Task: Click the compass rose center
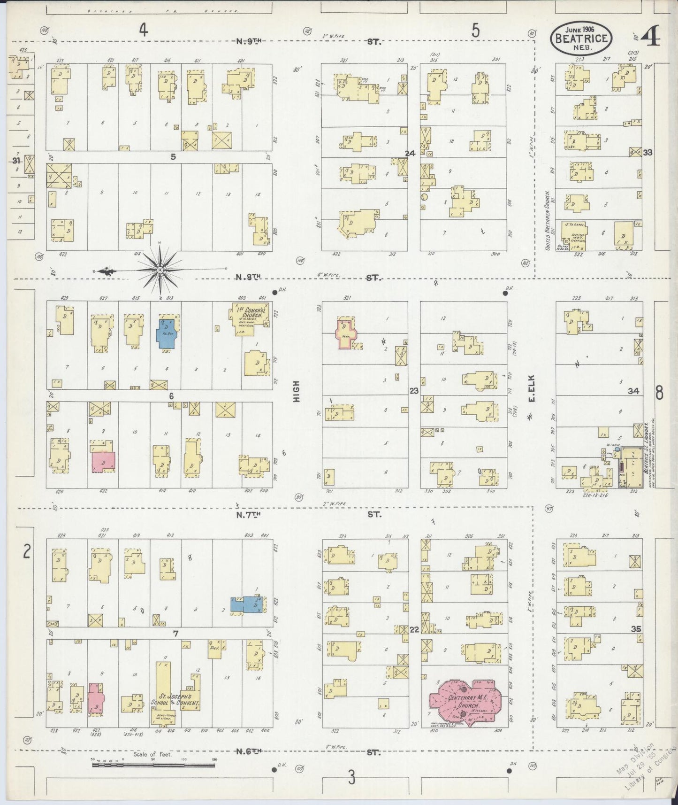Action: (160, 270)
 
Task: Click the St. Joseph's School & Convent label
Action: (175, 701)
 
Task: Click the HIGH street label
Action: (296, 391)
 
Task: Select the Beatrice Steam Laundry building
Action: (630, 468)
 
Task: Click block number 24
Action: (410, 153)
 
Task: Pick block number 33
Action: (648, 153)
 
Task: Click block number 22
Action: (414, 629)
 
